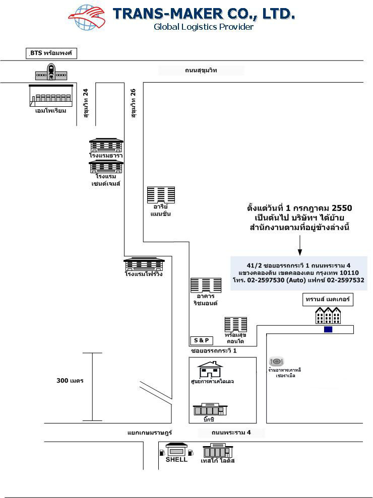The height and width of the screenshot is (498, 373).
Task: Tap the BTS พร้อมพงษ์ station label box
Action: tap(52, 53)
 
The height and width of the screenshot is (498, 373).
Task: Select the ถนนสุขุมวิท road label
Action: tap(201, 70)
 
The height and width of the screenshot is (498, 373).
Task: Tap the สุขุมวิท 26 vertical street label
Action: tap(134, 103)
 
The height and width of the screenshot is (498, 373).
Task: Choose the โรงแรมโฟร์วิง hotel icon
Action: tap(144, 264)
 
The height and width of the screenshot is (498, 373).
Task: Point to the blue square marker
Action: tap(328, 329)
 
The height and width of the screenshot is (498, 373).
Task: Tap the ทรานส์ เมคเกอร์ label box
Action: tap(328, 300)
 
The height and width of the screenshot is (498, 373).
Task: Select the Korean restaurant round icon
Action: tap(277, 361)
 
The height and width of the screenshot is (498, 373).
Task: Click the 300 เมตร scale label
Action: tap(70, 380)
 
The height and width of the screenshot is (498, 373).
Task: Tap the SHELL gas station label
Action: tap(176, 459)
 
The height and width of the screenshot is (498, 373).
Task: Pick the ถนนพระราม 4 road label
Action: tap(231, 433)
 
